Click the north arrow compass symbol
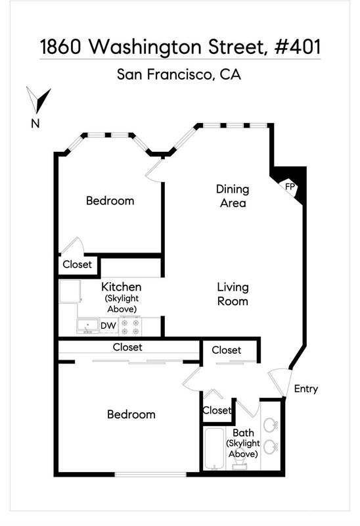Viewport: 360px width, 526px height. point(39,101)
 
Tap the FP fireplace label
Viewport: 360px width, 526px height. point(290,187)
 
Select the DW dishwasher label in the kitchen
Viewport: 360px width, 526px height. point(108,325)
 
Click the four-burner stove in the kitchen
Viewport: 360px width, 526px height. point(130,327)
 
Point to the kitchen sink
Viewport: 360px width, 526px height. point(87,326)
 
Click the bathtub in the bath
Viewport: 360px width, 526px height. point(215,448)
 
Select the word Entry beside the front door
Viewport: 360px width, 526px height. point(305,389)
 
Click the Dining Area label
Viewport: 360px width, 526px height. point(233,196)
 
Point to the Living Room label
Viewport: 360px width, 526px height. point(233,294)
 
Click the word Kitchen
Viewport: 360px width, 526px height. point(122,287)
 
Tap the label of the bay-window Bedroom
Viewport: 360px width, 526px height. point(110,201)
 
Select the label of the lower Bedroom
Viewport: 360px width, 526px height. point(131,414)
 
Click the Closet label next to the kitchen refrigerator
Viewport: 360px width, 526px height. point(77,264)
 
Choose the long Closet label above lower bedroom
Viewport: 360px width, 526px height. point(127,347)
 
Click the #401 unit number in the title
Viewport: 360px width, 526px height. point(298,47)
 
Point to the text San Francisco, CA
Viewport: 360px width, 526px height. point(179,74)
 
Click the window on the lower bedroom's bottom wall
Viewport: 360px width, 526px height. point(150,474)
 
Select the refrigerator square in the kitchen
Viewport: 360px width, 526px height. point(70,292)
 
